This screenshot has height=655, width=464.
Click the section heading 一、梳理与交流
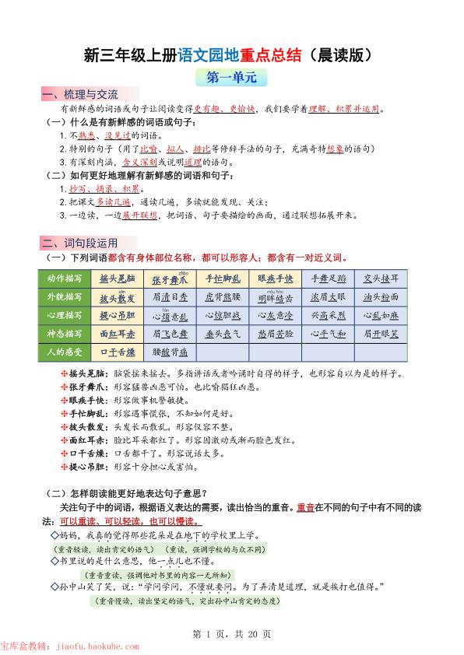[79, 95]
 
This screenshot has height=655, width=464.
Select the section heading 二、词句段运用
[79, 242]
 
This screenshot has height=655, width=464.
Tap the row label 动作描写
[64, 278]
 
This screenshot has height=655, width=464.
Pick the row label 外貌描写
[64, 297]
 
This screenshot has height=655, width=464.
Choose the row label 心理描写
[64, 315]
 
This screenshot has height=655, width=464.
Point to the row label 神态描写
[64, 333]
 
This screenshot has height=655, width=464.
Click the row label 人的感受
[64, 351]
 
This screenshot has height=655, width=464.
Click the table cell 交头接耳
[381, 278]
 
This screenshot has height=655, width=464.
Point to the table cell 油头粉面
[381, 297]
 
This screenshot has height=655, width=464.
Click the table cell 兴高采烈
[329, 316]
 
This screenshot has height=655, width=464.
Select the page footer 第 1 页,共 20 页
[231, 634]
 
